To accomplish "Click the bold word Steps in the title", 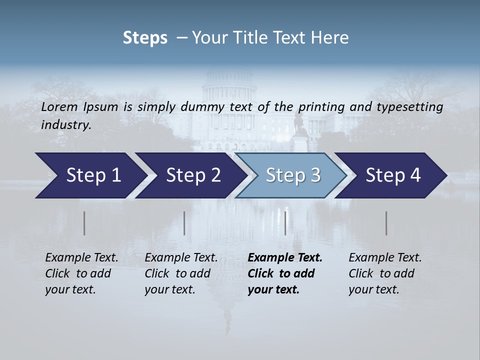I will [x=145, y=38].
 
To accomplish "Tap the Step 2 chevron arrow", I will [x=190, y=175].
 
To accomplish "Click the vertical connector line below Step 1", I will [x=84, y=223].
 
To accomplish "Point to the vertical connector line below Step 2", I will [x=184, y=223].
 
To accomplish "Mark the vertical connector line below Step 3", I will [x=285, y=223].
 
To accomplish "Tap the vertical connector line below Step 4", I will [x=386, y=223].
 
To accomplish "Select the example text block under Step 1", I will [x=81, y=273].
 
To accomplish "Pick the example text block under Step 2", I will [x=181, y=273].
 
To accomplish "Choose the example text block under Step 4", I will [x=385, y=273].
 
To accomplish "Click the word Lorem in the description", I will [x=59, y=106].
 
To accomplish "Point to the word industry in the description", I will [x=66, y=124].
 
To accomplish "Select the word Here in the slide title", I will [x=332, y=38].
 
